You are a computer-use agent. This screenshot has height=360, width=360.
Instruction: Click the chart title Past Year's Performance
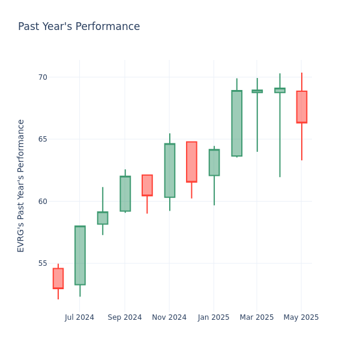(79, 26)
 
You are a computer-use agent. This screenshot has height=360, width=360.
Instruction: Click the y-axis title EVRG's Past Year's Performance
(21, 185)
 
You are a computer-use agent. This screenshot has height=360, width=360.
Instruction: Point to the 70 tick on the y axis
(43, 77)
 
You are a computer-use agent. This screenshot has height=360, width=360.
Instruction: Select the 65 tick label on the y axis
(43, 139)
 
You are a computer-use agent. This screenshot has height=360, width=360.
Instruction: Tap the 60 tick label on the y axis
(43, 201)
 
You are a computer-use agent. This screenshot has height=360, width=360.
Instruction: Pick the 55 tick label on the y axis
(43, 263)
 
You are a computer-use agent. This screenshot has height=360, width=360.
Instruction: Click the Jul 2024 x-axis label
(80, 317)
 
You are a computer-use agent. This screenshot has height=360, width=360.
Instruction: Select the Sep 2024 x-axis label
(125, 317)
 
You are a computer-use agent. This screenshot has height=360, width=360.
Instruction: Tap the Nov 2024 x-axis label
(169, 317)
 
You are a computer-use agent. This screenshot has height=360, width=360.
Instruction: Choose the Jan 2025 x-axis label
(214, 317)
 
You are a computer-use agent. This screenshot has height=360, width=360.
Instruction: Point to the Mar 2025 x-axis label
(257, 317)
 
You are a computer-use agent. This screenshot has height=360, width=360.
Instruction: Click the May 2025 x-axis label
(301, 317)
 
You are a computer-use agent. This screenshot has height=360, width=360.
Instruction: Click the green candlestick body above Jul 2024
(80, 255)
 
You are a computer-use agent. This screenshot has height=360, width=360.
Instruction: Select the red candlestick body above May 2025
(301, 107)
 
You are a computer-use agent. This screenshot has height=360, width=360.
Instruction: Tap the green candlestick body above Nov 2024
(169, 170)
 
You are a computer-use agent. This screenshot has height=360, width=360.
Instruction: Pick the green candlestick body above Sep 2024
(125, 193)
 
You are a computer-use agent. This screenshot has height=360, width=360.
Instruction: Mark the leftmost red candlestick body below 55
(58, 278)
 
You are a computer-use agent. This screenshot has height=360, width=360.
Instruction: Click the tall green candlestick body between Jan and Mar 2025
(236, 123)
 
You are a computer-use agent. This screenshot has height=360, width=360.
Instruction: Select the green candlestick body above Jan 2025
(214, 163)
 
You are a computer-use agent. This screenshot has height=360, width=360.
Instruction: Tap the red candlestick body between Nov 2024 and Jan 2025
(191, 161)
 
